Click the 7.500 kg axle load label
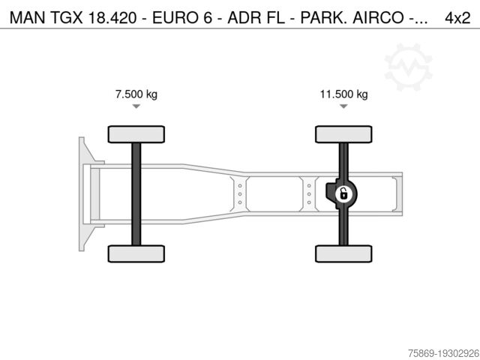pyautogui.click(x=136, y=94)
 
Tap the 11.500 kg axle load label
pyautogui.click(x=343, y=94)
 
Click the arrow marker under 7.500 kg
pyautogui.click(x=136, y=106)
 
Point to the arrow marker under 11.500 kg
pyautogui.click(x=343, y=106)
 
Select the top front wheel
pyautogui.click(x=136, y=134)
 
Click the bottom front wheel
pyautogui.click(x=136, y=253)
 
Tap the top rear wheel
pyautogui.click(x=343, y=134)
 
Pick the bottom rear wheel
pyautogui.click(x=343, y=253)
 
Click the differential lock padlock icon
pyautogui.click(x=343, y=194)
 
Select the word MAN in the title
pyautogui.click(x=28, y=18)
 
